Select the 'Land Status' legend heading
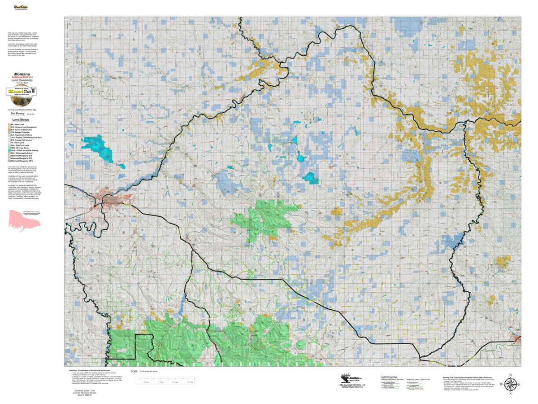point(21,120)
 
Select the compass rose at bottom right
point(510,384)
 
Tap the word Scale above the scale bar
point(134,371)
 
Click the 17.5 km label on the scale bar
point(191,382)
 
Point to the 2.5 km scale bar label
point(146,382)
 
